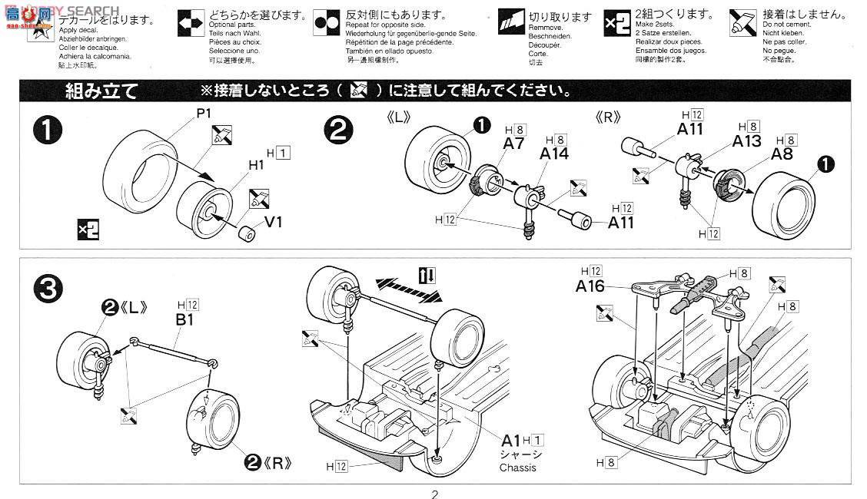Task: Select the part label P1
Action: pos(203,113)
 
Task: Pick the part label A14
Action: pos(555,154)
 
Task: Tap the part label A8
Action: pos(784,153)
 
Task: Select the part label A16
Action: pos(591,286)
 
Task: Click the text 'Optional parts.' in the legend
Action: pos(227,25)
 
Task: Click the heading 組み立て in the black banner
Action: pos(101,92)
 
